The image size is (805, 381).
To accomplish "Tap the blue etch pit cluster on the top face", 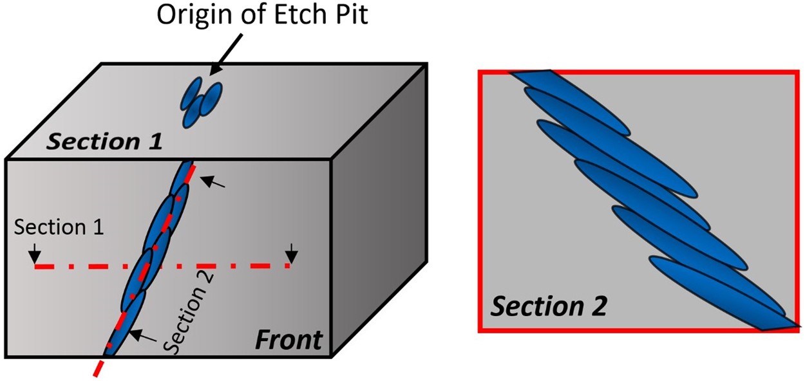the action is click(x=202, y=102).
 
